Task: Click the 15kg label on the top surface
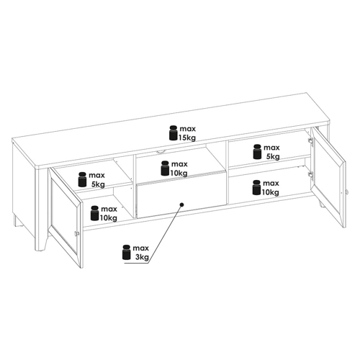click(x=187, y=138)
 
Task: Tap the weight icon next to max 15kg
click(x=174, y=132)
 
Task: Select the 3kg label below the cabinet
click(x=142, y=257)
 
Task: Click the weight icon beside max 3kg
click(x=127, y=252)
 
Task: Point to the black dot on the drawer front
click(x=181, y=204)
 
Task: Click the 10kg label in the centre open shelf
click(x=179, y=173)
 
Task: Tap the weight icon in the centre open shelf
click(x=165, y=168)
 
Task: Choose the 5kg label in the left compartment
click(x=98, y=184)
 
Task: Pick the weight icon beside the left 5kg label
click(x=82, y=179)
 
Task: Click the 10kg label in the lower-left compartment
click(x=109, y=218)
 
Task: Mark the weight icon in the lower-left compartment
click(x=94, y=213)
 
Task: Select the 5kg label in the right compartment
click(x=273, y=157)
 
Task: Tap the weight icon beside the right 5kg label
click(x=257, y=152)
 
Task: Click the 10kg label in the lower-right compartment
click(x=270, y=192)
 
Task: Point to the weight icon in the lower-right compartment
click(x=256, y=187)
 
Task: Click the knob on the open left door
click(x=76, y=233)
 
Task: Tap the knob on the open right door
click(x=346, y=192)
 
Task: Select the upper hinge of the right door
click(x=311, y=141)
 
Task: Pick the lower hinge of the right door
click(x=311, y=175)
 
